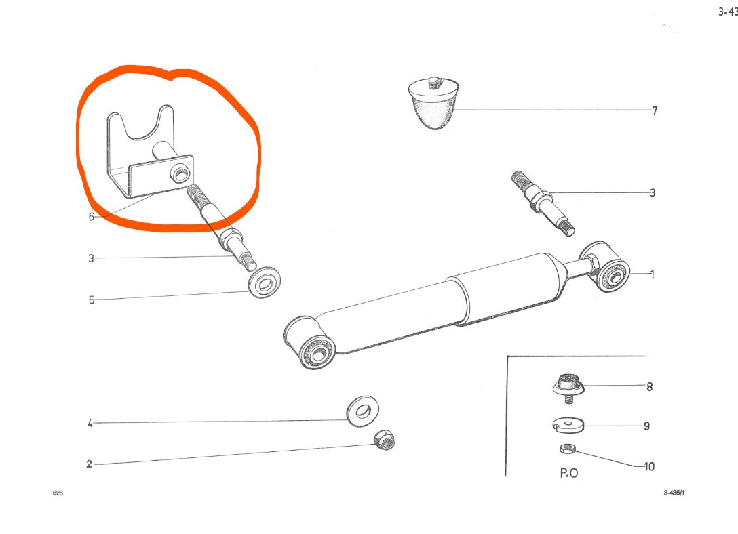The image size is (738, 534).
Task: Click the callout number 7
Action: [654, 110]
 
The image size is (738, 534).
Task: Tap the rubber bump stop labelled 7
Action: [433, 104]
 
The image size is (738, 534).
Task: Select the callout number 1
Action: [653, 274]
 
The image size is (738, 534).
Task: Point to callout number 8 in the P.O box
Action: [650, 387]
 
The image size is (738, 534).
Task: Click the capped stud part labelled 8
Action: [568, 388]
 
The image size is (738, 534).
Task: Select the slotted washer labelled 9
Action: [567, 424]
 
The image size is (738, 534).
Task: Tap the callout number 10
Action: [649, 467]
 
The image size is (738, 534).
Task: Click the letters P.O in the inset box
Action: [569, 473]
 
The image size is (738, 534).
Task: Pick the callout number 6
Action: [92, 217]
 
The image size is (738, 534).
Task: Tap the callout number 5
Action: [92, 300]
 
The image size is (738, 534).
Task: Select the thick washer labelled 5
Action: [264, 283]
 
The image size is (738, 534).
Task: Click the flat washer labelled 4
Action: [362, 412]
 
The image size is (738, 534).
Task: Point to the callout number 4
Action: [90, 423]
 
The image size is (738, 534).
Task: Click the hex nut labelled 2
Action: [385, 440]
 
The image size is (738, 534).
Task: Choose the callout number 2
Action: [89, 464]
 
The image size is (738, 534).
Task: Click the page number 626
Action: [58, 493]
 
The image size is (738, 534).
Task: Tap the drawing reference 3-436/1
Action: [674, 493]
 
